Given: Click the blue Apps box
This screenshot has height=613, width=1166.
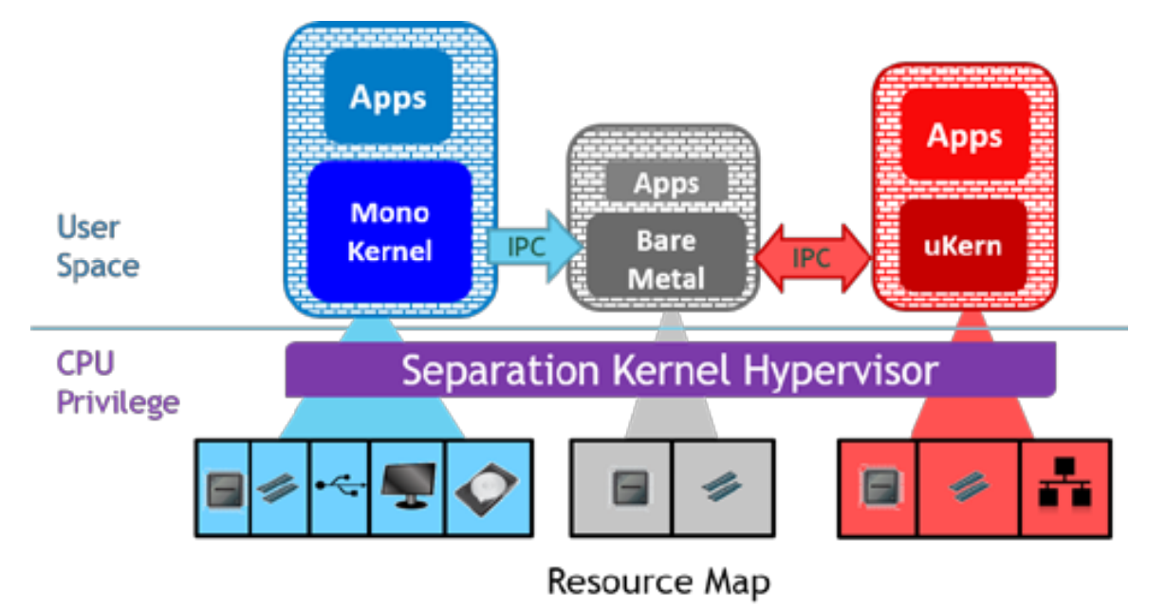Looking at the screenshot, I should [x=388, y=99].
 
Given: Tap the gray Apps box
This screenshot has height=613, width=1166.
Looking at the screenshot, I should [x=667, y=183].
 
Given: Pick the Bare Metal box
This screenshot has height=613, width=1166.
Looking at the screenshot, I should [x=666, y=258].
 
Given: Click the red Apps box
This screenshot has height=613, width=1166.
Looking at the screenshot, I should [x=964, y=137].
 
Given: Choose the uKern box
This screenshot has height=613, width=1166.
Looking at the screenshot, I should [x=964, y=245].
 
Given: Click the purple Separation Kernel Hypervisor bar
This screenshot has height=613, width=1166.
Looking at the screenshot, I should [x=670, y=369].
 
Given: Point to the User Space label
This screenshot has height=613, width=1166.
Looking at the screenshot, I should [x=97, y=246].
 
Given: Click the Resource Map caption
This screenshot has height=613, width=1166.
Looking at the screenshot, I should [x=658, y=581].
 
